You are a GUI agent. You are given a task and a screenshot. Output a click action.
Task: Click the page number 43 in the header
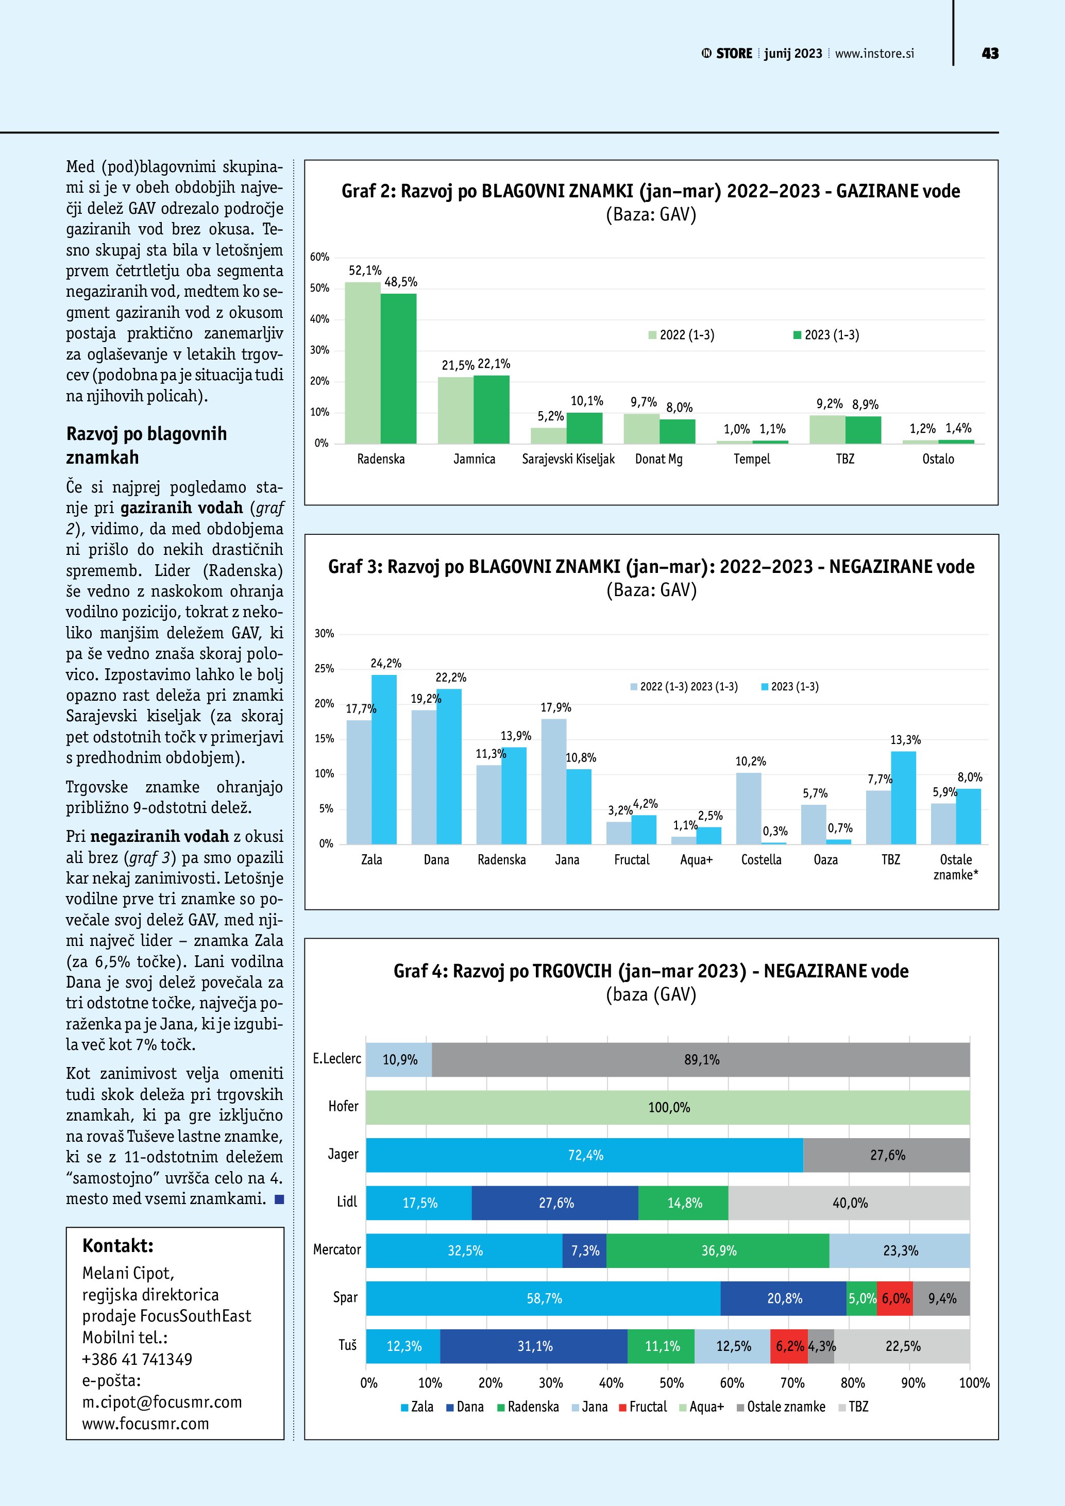click(990, 54)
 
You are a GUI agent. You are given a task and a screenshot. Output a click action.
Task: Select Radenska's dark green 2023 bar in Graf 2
click(398, 368)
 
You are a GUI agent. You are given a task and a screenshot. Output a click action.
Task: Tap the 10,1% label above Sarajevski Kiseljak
click(586, 401)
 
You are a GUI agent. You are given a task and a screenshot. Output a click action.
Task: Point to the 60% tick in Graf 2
click(319, 257)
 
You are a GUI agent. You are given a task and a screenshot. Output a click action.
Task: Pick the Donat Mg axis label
click(658, 459)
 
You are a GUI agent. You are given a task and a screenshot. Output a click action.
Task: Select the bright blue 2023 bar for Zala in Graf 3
click(384, 759)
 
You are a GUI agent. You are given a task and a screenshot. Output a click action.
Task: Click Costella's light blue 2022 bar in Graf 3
click(748, 808)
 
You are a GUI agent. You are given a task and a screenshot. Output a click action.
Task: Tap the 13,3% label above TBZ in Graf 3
click(905, 740)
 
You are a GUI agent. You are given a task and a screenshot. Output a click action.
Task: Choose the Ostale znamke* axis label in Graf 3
click(955, 867)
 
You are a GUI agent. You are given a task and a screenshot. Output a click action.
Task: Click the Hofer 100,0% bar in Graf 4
click(668, 1107)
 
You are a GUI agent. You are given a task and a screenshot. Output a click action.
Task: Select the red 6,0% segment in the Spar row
click(894, 1298)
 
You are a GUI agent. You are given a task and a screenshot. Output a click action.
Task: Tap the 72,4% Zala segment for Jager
click(584, 1155)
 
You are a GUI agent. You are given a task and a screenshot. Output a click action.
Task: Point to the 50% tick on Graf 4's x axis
click(671, 1383)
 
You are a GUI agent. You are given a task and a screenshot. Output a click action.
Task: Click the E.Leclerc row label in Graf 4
click(336, 1059)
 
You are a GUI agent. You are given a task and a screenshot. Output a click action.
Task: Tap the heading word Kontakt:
click(117, 1246)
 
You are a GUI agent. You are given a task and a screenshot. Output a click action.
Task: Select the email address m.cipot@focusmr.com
click(162, 1402)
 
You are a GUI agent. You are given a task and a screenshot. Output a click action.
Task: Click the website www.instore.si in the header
click(874, 54)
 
